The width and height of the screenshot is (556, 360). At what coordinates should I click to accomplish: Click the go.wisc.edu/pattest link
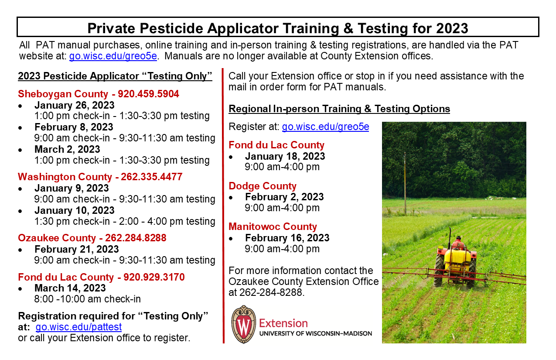78,327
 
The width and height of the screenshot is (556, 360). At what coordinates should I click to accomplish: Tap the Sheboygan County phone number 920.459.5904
148,94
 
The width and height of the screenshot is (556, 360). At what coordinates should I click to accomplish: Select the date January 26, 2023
75,105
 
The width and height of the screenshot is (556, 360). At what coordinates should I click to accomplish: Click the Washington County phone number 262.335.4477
152,177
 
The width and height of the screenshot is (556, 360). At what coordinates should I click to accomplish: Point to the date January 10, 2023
75,210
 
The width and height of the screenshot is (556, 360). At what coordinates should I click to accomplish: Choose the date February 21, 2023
77,249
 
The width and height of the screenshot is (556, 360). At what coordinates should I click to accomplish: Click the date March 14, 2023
70,288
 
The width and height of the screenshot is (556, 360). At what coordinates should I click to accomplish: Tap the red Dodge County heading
263,186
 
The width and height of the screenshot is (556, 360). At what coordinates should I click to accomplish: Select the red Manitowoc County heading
273,226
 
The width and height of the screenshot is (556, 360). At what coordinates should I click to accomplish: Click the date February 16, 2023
287,238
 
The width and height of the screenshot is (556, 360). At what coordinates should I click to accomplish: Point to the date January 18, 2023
285,157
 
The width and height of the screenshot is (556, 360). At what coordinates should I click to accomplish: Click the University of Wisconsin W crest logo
243,324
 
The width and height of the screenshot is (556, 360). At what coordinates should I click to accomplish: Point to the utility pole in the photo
405,183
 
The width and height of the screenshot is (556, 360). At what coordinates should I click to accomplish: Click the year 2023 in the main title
452,28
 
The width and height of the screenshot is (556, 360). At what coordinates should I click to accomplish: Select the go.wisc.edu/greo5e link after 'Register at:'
325,127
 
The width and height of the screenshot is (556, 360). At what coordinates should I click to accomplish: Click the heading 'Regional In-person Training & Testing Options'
339,109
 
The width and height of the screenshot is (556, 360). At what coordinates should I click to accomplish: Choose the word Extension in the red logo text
283,323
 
